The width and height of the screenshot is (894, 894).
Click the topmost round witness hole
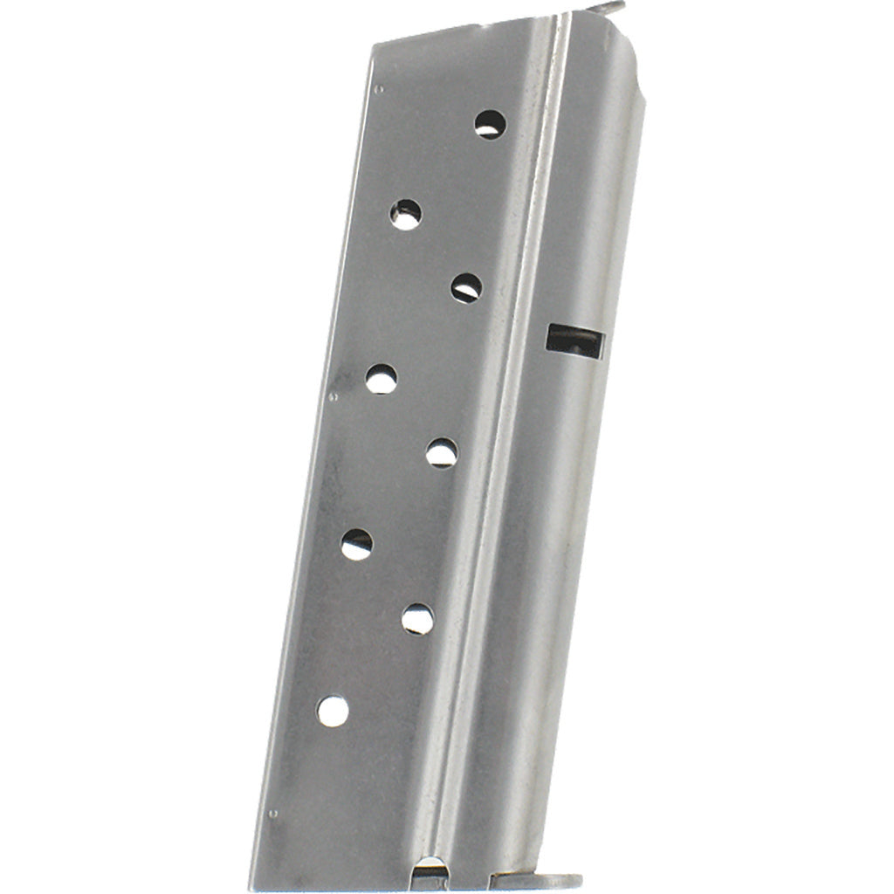click(490, 125)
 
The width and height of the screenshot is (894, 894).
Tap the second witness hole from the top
click(405, 214)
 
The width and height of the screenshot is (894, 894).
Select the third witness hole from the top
click(467, 288)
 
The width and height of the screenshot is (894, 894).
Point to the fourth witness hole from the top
click(381, 379)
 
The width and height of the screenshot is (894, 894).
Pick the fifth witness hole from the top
click(442, 453)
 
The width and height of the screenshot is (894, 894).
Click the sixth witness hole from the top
click(356, 544)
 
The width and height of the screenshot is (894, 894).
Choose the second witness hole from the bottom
click(417, 619)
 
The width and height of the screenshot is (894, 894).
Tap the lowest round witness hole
click(333, 711)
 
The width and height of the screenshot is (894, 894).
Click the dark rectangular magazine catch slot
click(574, 340)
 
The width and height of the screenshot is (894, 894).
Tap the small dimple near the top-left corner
click(378, 88)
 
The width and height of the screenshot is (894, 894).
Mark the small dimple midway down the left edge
click(333, 395)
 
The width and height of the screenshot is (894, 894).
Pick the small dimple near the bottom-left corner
click(272, 814)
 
